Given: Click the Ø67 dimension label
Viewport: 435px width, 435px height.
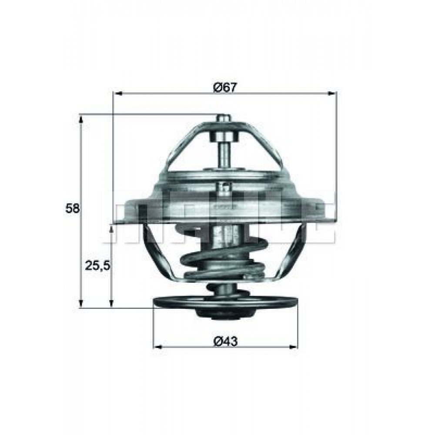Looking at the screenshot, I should point(224,87).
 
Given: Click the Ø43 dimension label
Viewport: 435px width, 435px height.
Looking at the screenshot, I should point(225,342).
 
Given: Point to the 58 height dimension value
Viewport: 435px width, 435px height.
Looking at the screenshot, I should point(73,208).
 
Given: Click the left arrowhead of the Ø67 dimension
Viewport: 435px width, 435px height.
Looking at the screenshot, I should point(117,93).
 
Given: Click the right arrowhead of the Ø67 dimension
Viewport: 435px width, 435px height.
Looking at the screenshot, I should point(333,93).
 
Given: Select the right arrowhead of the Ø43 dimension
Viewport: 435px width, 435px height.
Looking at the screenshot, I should point(294,347).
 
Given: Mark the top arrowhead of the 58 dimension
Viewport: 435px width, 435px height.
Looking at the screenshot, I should point(81,119).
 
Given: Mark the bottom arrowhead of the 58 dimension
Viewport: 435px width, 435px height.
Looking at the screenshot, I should point(81,304).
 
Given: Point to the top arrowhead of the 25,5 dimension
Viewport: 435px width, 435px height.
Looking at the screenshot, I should point(112,228).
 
